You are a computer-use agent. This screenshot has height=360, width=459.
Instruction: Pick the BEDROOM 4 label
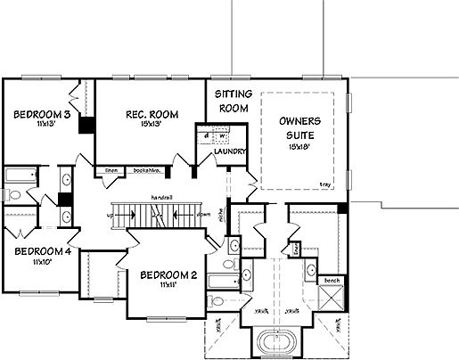click(37, 251)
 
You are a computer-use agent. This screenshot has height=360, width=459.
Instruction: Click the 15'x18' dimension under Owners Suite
click(299, 148)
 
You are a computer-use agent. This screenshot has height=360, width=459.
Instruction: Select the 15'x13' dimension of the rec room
click(138, 124)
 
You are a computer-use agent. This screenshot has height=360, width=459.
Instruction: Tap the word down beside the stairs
click(204, 215)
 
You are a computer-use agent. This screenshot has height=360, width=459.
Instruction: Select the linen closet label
click(111, 169)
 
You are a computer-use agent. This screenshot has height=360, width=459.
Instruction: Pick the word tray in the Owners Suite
click(324, 184)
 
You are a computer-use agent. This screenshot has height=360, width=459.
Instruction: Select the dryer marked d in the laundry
click(206, 136)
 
